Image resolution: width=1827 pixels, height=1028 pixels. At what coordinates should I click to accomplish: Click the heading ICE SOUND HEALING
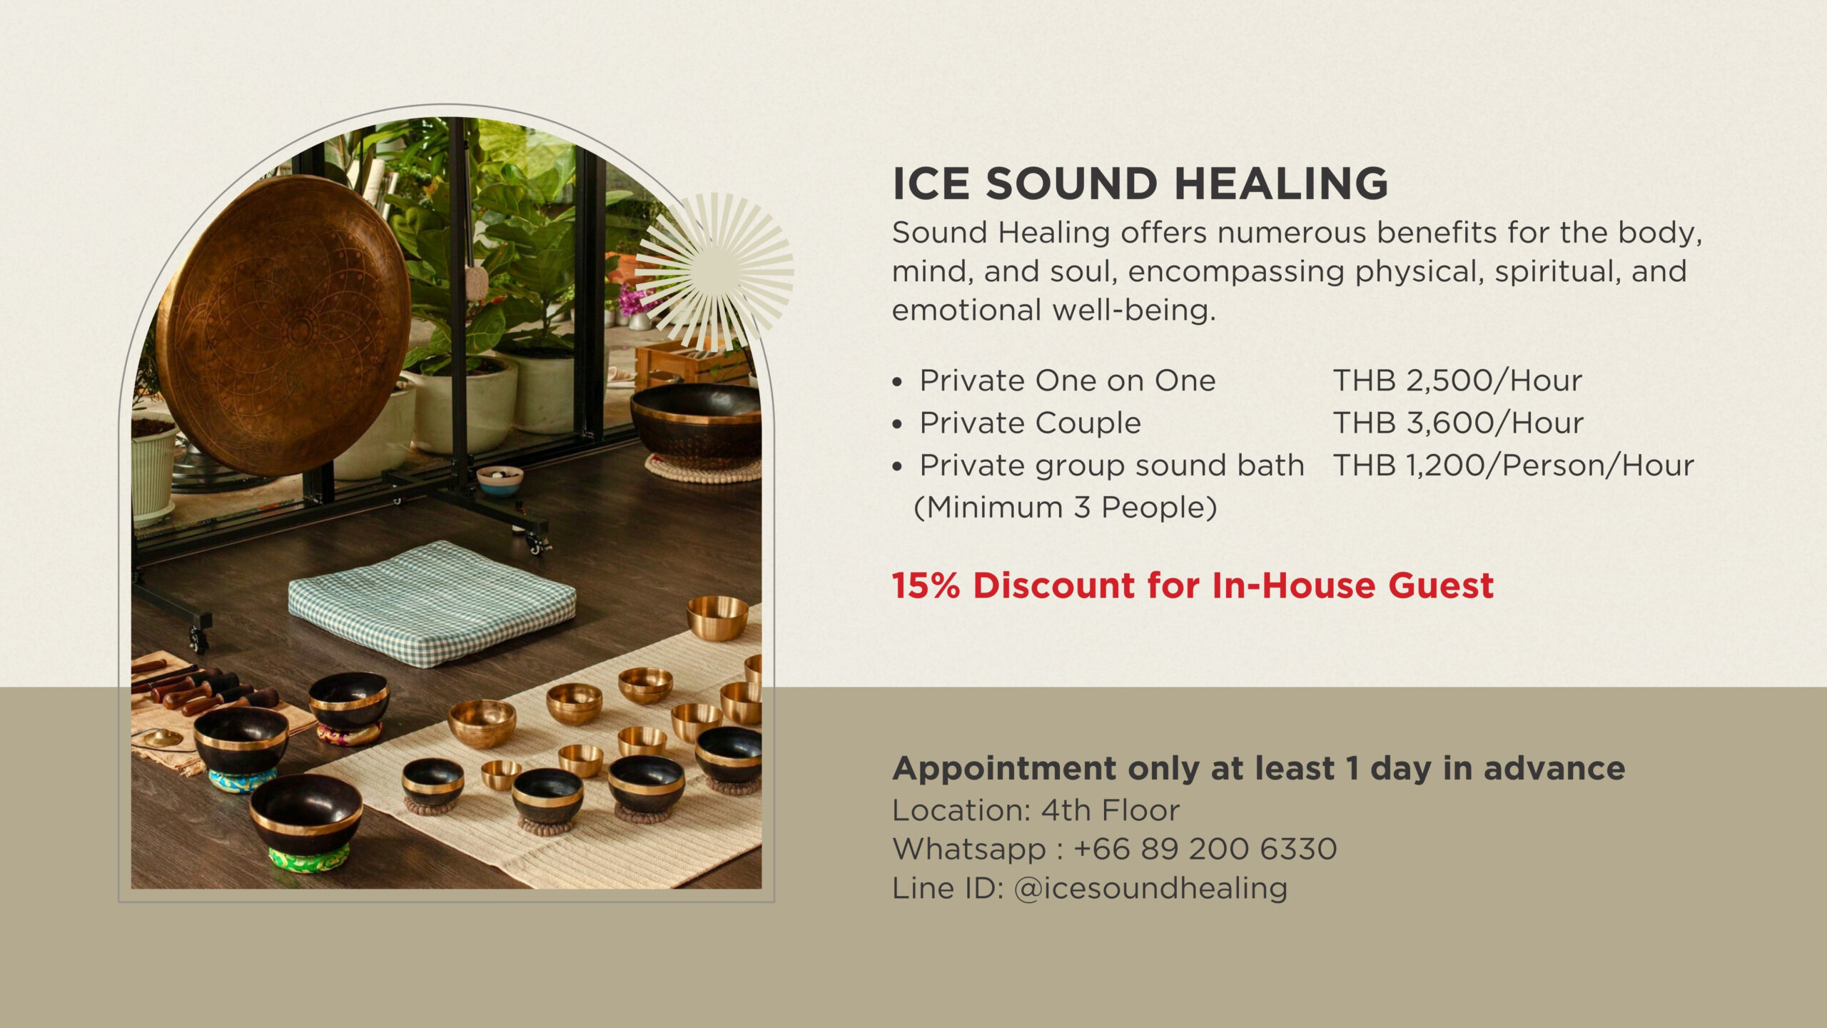(x=1140, y=183)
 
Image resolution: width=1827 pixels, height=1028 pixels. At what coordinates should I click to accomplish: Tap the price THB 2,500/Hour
(x=1457, y=381)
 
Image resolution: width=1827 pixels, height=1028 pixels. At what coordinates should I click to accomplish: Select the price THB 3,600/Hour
(x=1458, y=423)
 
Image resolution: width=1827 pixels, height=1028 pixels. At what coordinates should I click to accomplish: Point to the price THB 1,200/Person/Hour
(x=1513, y=465)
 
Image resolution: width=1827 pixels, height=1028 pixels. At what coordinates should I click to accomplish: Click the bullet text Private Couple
(x=1030, y=423)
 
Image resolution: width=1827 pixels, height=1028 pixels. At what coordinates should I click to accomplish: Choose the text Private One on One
(x=1067, y=381)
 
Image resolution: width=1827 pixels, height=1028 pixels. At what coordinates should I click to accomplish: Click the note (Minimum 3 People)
(x=1065, y=508)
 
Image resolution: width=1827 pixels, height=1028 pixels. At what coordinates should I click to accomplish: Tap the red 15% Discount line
(x=1193, y=585)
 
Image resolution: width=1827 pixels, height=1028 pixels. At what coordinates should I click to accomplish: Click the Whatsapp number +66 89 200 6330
(x=1205, y=849)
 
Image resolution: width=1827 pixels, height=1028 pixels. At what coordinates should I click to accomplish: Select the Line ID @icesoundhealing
(x=1150, y=888)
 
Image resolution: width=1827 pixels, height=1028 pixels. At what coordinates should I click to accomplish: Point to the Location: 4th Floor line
(x=1036, y=810)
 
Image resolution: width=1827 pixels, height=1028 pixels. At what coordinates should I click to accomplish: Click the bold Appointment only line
(x=1258, y=768)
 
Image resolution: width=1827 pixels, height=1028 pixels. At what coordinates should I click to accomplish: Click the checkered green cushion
(x=432, y=603)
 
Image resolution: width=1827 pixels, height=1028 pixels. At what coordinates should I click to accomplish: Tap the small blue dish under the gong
(x=500, y=482)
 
